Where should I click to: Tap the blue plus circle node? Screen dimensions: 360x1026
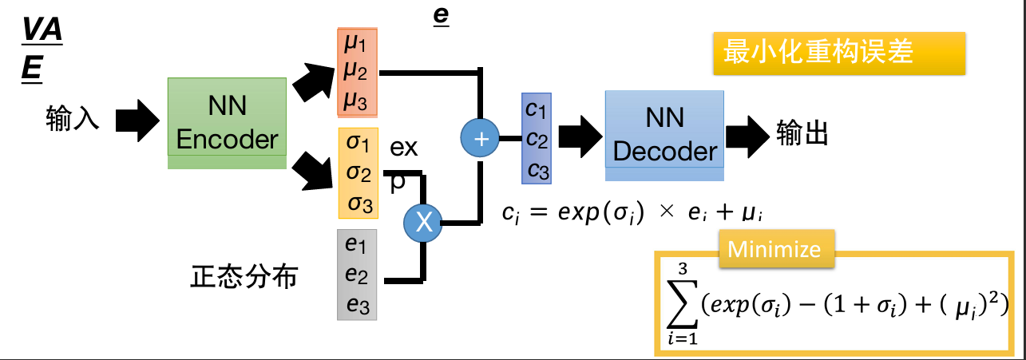pos(481,139)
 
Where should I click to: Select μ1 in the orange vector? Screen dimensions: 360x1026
pos(355,45)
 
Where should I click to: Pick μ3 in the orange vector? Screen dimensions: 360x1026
pos(355,100)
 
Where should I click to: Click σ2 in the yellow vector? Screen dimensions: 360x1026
pos(359,174)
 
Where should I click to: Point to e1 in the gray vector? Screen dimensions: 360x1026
pos(356,245)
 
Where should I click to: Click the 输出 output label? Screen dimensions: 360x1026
pos(802,133)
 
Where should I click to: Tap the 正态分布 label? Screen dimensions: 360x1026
pos(244,277)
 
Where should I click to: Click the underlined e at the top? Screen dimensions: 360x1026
pos(441,17)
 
